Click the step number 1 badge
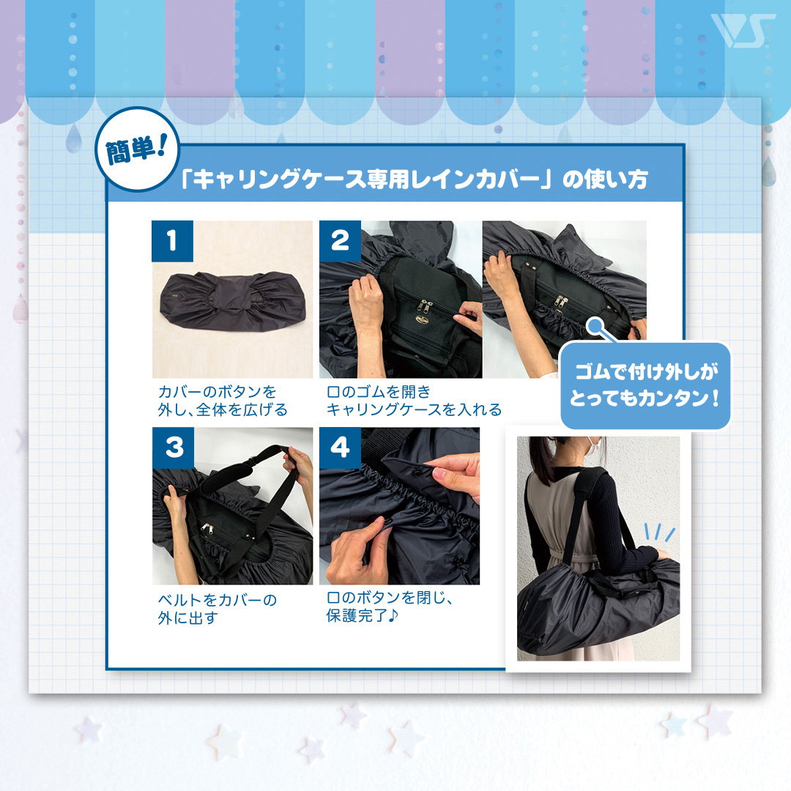172,241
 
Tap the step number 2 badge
340,241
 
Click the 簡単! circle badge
137,149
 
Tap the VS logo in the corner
743,31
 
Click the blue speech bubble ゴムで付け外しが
645,386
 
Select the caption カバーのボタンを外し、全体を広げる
223,401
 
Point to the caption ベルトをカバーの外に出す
217,609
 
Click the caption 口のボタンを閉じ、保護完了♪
390,606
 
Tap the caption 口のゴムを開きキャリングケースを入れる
414,401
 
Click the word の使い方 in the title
605,179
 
